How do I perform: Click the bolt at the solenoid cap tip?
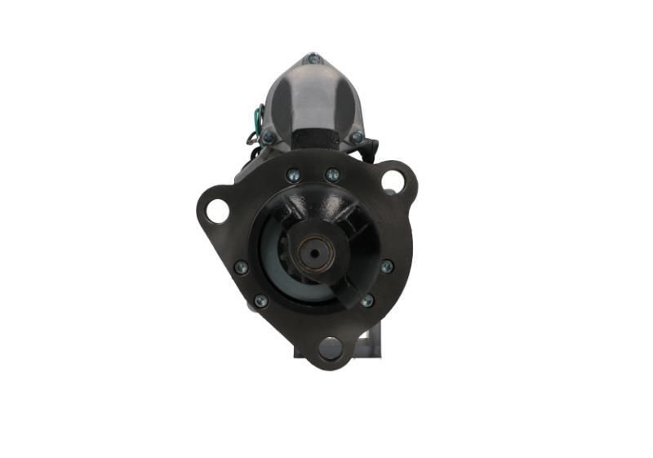313,59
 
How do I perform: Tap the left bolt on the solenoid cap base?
268,137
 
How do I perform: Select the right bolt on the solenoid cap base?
357,137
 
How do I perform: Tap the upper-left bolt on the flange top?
293,175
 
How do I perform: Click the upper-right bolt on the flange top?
332,175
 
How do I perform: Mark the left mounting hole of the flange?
217,210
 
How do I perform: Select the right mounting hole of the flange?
393,180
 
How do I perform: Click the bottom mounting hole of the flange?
331,348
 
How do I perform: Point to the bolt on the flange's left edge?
241,267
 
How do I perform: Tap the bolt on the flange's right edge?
387,266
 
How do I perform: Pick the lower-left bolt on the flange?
260,301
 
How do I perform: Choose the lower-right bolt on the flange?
367,301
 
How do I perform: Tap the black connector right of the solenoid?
374,148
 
